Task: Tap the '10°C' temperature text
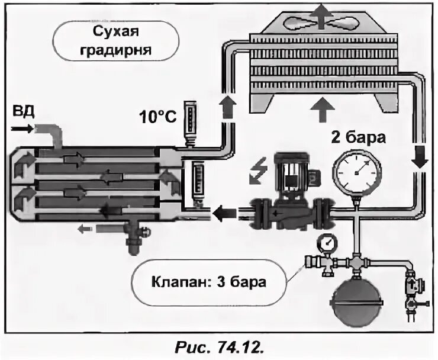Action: coord(159,116)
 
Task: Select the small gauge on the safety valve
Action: coord(325,242)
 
